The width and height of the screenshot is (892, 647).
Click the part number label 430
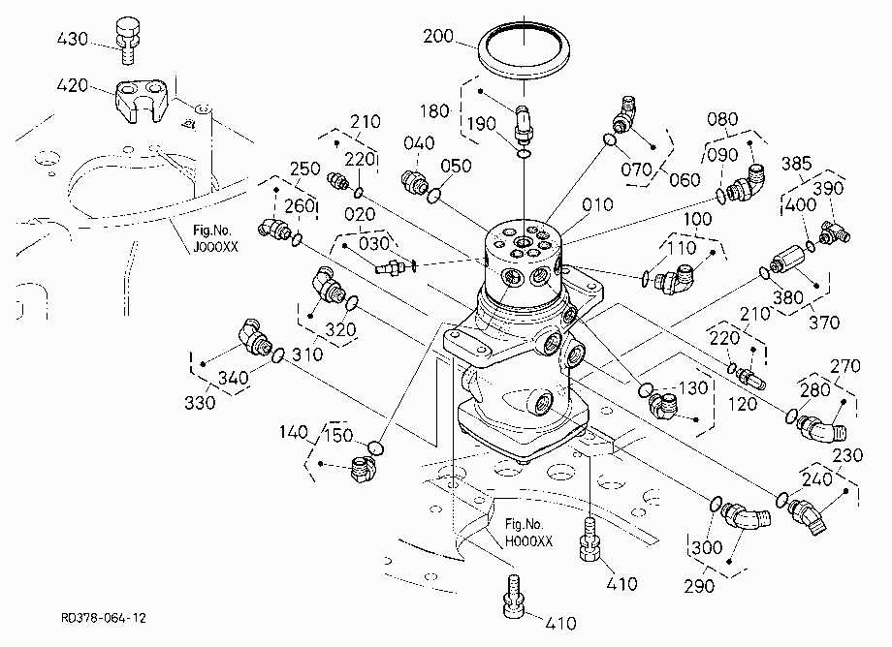click(x=73, y=39)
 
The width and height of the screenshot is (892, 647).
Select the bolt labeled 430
click(x=127, y=41)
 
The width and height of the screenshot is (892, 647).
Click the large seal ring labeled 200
click(x=523, y=50)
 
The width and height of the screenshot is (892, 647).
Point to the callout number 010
click(x=597, y=204)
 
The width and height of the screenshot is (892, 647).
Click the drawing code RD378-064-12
click(x=104, y=618)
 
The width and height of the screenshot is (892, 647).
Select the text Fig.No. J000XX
click(x=214, y=238)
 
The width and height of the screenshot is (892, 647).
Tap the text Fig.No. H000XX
click(x=528, y=533)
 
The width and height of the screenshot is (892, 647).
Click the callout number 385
click(x=796, y=164)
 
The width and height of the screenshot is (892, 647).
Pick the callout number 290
click(x=699, y=586)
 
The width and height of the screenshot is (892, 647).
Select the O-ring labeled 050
click(x=434, y=196)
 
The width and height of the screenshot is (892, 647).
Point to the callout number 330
click(x=200, y=402)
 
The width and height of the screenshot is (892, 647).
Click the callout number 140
click(x=294, y=432)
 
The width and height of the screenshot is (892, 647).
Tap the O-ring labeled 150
click(x=375, y=447)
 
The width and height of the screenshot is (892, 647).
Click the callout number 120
click(x=743, y=404)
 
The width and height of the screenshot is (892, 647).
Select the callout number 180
click(x=434, y=110)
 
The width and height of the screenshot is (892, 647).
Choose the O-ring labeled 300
click(x=717, y=504)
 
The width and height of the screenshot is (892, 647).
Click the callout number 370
click(x=824, y=323)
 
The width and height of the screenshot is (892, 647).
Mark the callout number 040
click(x=419, y=143)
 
